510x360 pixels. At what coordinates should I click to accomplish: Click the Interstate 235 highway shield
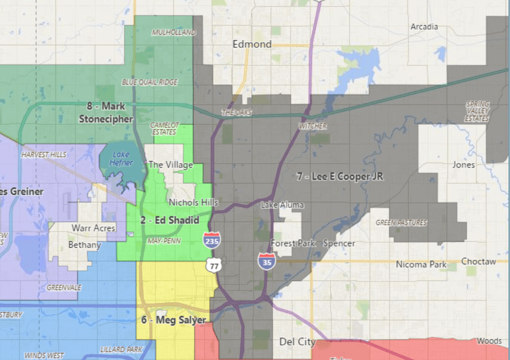click(212, 240)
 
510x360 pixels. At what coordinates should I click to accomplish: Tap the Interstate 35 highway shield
click(266, 261)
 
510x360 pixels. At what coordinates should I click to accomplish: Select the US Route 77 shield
click(213, 265)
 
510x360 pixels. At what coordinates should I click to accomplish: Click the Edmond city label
click(252, 44)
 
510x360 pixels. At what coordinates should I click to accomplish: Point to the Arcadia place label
click(424, 27)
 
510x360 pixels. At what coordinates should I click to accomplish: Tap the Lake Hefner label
click(121, 159)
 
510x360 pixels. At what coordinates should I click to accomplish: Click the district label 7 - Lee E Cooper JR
click(340, 177)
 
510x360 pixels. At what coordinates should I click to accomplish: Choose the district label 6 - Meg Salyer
click(173, 320)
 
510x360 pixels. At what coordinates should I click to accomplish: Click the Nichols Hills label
click(193, 202)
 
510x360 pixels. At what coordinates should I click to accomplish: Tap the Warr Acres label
click(93, 228)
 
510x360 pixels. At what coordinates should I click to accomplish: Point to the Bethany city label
click(85, 245)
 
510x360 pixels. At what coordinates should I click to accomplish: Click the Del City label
click(297, 342)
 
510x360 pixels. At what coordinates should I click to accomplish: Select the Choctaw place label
click(478, 262)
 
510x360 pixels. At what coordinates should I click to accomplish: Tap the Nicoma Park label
click(421, 264)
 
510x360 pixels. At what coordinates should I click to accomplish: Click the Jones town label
click(463, 165)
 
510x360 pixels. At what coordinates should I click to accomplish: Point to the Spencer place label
click(339, 243)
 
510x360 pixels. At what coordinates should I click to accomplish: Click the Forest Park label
click(293, 243)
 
